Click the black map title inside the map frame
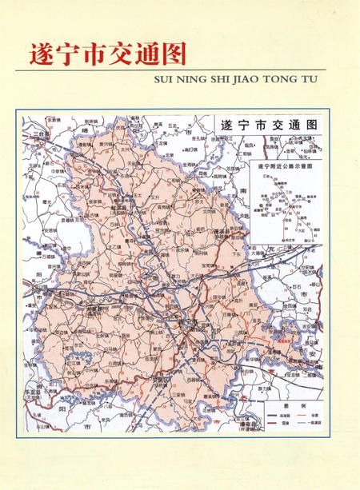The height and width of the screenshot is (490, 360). (x=268, y=125)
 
